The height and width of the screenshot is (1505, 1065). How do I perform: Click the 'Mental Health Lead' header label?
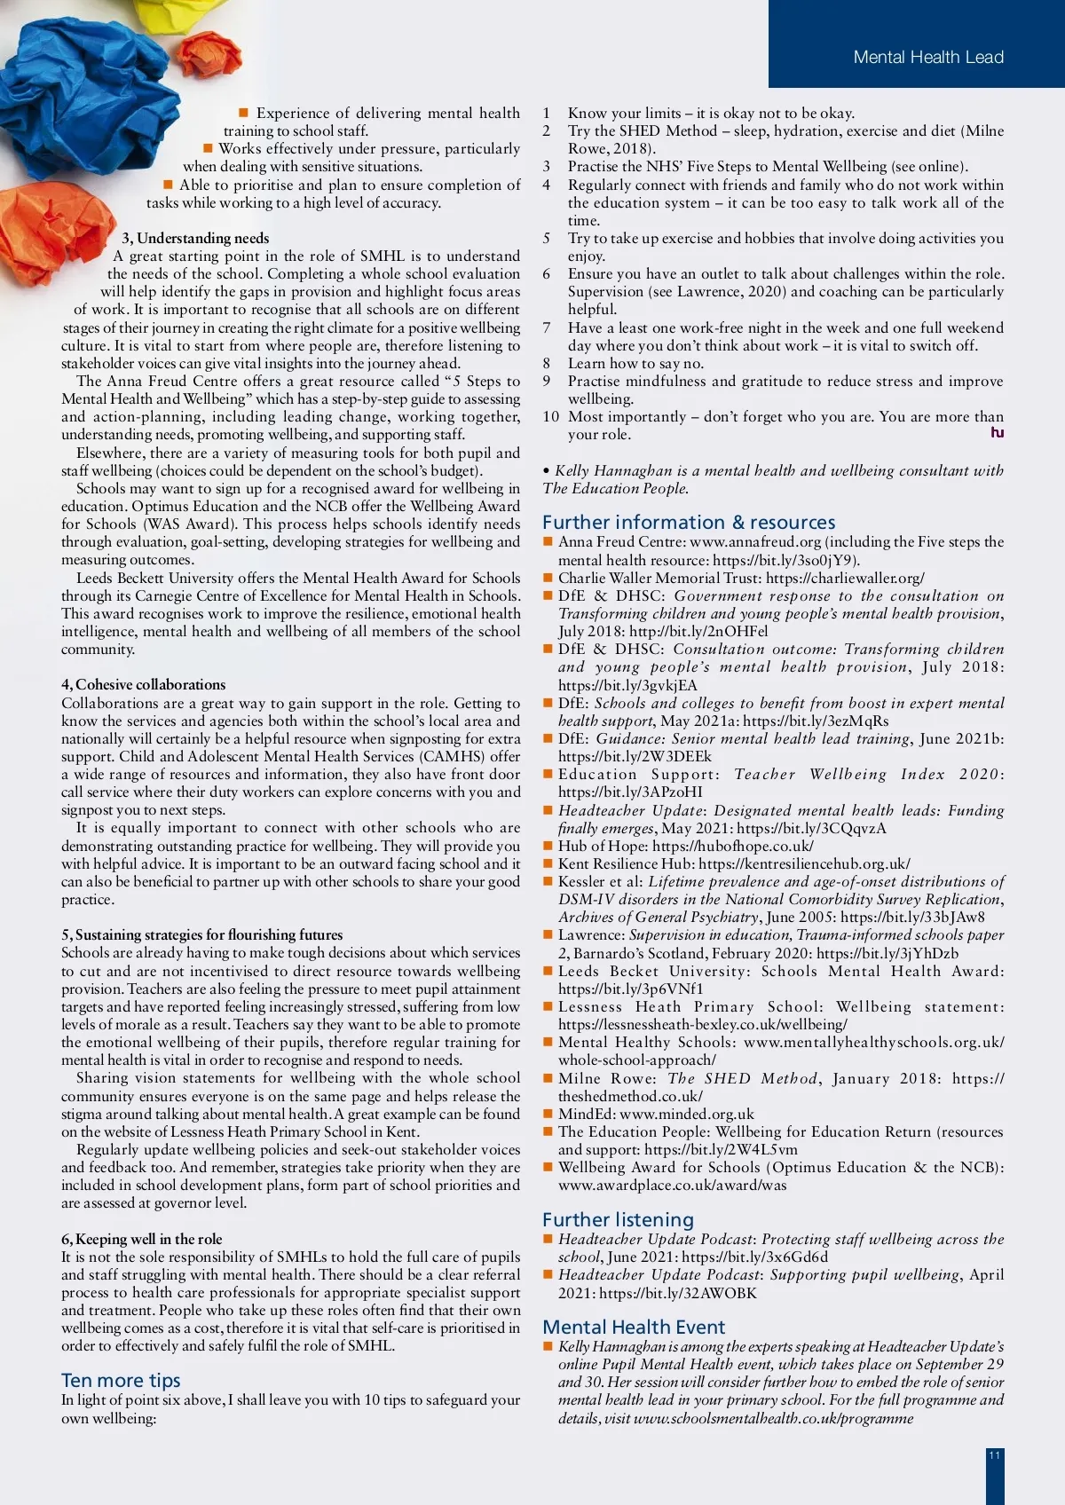(928, 58)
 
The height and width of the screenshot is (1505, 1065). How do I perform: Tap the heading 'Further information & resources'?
(689, 523)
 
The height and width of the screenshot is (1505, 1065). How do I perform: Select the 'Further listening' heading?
(618, 1220)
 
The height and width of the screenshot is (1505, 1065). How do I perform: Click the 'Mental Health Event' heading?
(634, 1328)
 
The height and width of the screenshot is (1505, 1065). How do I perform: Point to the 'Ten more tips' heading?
(121, 1381)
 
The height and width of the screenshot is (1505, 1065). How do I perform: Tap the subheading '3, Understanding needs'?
(195, 238)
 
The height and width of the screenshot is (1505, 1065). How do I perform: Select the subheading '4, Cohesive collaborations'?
(144, 684)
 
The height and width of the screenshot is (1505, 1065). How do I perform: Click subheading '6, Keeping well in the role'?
(142, 1239)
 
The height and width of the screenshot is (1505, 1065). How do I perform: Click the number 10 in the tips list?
(551, 417)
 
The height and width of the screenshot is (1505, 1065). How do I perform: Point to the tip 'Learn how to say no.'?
(635, 364)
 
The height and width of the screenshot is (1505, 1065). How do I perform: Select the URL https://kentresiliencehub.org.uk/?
(804, 864)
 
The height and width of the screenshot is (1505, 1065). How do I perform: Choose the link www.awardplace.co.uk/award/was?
(672, 1186)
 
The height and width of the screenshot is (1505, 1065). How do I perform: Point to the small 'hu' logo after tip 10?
(998, 433)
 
